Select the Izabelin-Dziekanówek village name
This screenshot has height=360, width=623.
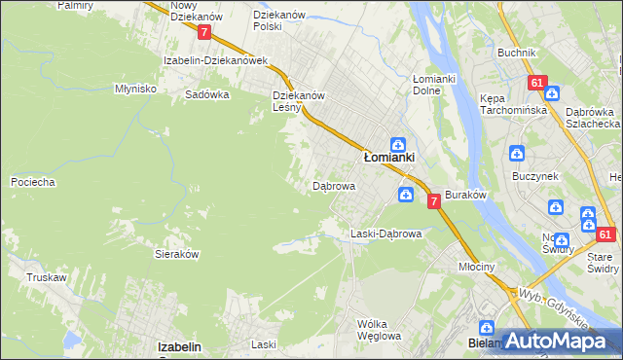[215, 60]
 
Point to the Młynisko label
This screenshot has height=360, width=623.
[135, 88]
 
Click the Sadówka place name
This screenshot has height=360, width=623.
[206, 95]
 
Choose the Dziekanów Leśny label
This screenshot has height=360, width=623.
[299, 101]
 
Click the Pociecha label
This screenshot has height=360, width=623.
[31, 182]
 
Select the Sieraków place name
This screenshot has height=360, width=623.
[177, 253]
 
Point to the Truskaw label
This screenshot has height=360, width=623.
[46, 277]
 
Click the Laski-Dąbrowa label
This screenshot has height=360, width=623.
[385, 234]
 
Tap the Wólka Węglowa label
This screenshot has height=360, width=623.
[379, 330]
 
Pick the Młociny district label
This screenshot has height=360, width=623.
[477, 266]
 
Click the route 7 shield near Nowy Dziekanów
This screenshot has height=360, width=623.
[203, 32]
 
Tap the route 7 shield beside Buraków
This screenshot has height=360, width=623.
[433, 200]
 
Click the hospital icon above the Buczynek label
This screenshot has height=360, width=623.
[516, 154]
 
